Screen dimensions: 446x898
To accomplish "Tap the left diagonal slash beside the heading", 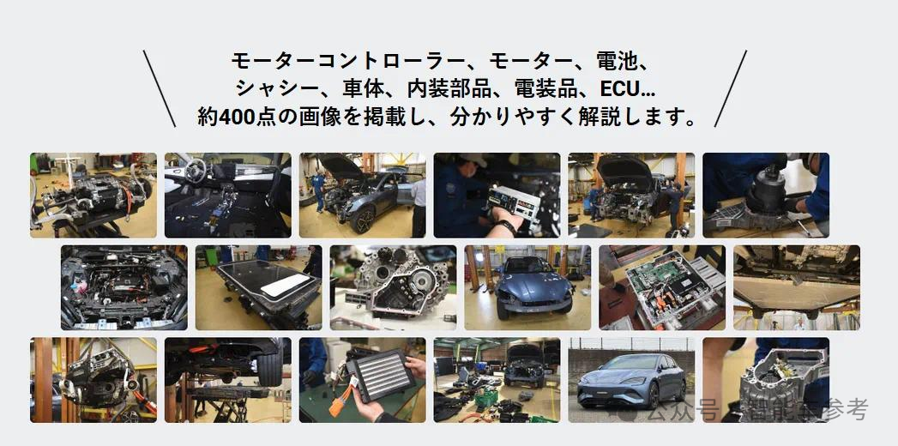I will [159, 88].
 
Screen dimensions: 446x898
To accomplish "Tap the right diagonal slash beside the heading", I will [730, 88].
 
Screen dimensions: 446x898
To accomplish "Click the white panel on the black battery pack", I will [283, 285].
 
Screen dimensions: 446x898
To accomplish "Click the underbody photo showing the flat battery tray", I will [796, 287].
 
